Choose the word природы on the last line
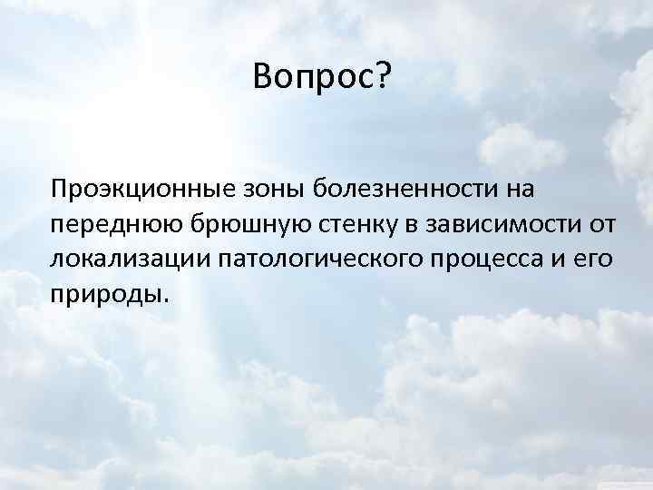coord(106,293)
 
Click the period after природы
coord(165,299)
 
